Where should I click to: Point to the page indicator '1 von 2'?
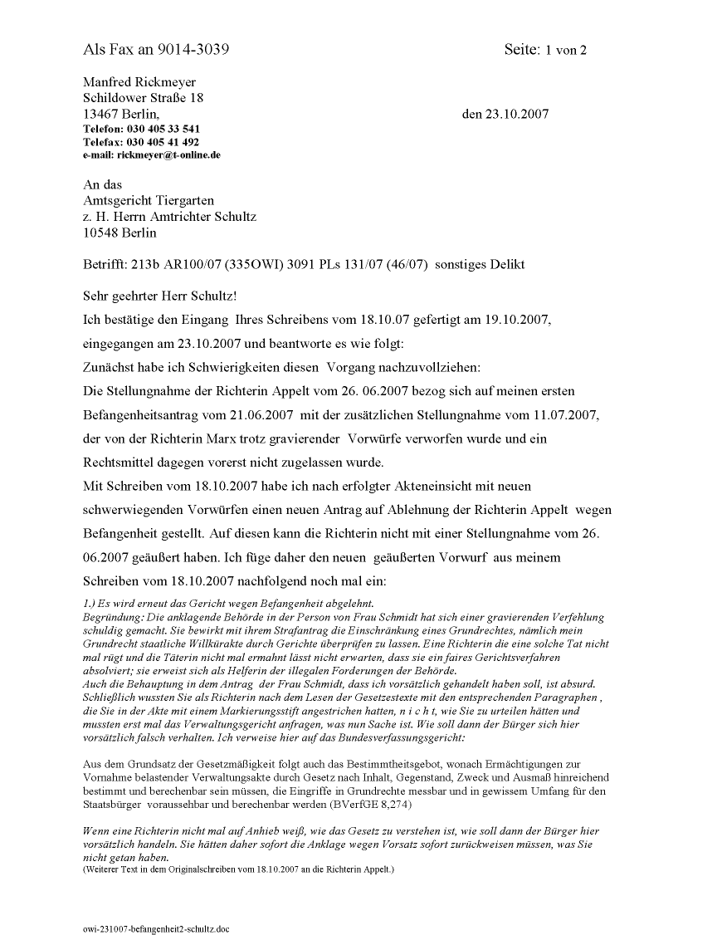pos(566,51)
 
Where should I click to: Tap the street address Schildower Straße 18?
pos(144,98)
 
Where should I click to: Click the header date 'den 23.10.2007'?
pos(505,114)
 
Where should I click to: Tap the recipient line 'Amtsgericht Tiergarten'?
pos(149,201)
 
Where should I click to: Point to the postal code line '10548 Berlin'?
pos(119,233)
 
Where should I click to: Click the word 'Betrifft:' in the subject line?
pos(105,265)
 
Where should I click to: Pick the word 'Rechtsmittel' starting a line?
pos(122,462)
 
